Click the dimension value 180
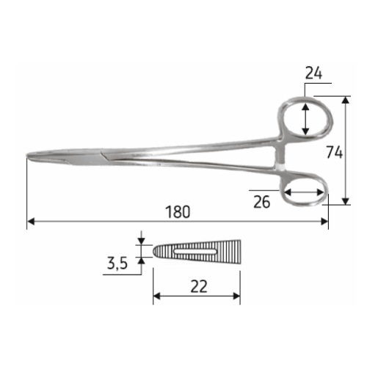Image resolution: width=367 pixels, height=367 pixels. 178,212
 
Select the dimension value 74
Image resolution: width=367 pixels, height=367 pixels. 335,152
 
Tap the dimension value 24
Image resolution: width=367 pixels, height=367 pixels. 313,73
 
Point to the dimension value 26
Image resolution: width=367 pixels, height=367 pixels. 262,202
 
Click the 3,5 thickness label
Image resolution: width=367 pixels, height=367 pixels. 117,264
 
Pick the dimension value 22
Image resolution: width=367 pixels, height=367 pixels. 199,286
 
